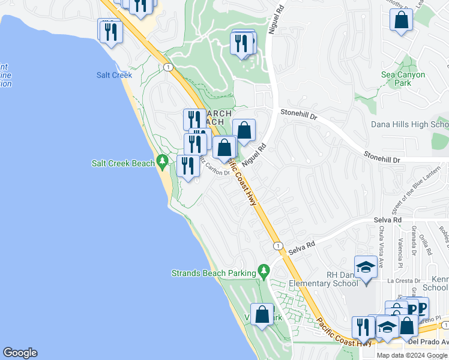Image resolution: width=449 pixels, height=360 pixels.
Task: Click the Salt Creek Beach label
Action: point(122,163)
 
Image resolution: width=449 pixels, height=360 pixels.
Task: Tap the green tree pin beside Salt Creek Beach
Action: point(161,161)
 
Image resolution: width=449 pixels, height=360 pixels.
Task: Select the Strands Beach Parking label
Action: point(213,273)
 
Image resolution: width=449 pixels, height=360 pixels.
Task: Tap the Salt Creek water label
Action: point(113,75)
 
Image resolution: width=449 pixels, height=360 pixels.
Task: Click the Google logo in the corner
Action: point(20,353)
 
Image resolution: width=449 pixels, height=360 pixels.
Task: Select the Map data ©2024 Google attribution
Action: point(412,355)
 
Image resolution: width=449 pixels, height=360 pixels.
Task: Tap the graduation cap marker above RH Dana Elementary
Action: point(366,266)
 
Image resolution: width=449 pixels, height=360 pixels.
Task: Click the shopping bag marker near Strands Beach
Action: point(262,314)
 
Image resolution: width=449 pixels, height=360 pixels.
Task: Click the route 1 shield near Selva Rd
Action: point(278,246)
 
